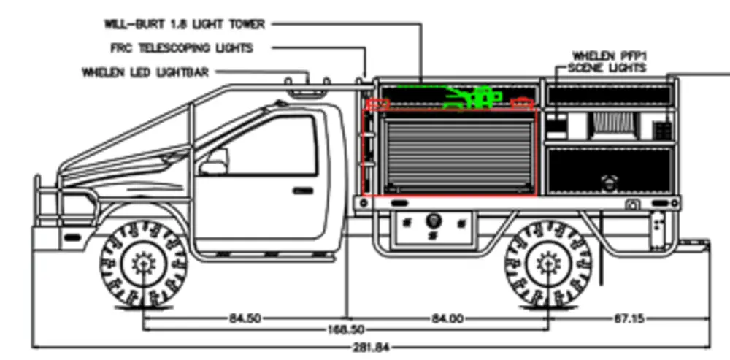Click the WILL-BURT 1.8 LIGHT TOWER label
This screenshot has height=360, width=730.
[x=184, y=23]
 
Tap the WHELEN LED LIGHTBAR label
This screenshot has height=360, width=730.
[x=145, y=72]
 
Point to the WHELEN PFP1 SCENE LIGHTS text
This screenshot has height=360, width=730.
[x=608, y=61]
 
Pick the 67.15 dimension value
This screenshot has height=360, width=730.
[x=629, y=318]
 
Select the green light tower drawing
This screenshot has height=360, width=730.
[x=471, y=97]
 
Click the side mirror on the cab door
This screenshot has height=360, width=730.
[x=212, y=163]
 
